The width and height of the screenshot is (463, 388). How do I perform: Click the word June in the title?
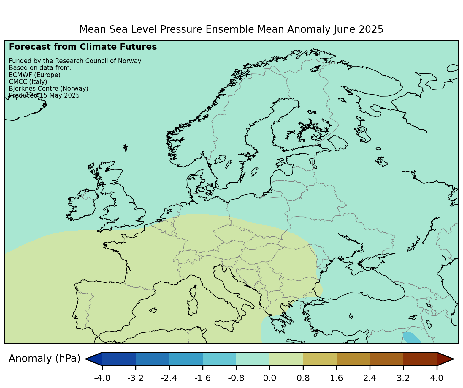[343, 29]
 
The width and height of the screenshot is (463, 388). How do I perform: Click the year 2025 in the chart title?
[371, 29]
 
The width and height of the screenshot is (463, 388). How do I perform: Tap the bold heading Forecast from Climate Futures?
[83, 47]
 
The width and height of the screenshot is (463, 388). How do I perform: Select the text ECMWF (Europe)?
[35, 75]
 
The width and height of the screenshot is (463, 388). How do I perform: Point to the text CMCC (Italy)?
[28, 81]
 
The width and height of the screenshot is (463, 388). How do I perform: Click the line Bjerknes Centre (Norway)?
[49, 89]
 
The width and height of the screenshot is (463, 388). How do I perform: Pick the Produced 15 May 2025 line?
[44, 95]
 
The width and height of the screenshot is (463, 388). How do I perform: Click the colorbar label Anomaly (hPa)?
[45, 359]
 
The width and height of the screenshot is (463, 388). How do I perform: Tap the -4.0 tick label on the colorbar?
[102, 378]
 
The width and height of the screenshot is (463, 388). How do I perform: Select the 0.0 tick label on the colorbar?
[269, 378]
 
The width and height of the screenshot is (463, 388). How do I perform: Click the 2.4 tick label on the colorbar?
[370, 378]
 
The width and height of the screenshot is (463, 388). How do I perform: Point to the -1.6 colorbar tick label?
[202, 378]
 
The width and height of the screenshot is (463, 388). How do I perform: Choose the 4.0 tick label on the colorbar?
[437, 378]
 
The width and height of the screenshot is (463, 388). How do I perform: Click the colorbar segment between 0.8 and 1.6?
[320, 359]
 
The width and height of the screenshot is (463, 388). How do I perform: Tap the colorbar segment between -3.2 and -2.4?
[152, 359]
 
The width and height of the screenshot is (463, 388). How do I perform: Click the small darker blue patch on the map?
[411, 338]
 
